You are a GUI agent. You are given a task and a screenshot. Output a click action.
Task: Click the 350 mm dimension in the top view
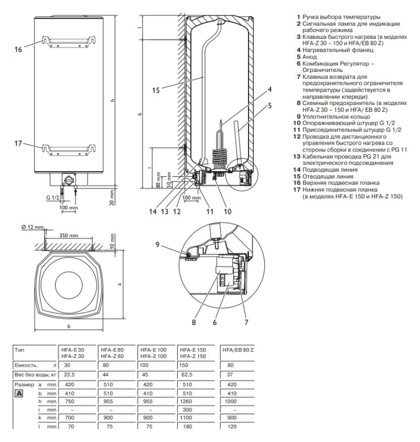[x=68, y=236]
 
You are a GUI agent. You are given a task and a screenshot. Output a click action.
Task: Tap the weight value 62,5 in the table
[x=187, y=374]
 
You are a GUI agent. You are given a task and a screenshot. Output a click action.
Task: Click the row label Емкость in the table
[x=25, y=365]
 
